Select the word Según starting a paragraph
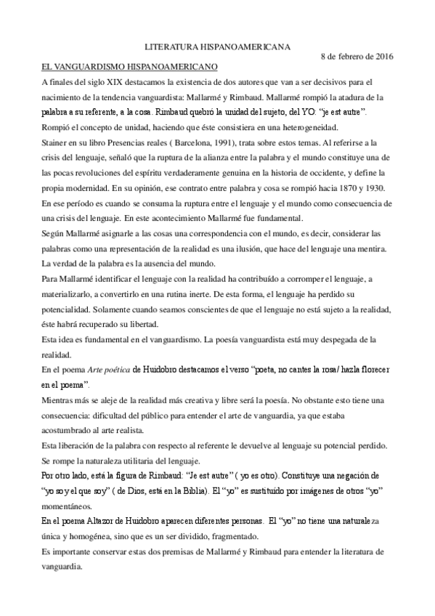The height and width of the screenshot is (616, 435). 54,235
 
